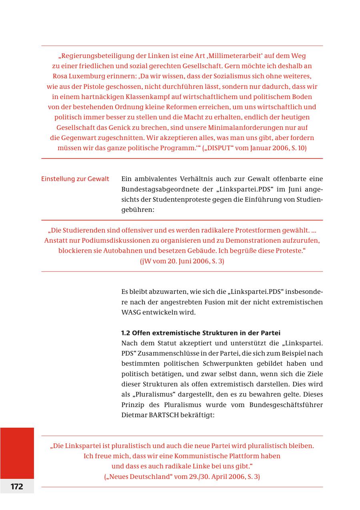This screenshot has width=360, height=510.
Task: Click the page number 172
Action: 17,486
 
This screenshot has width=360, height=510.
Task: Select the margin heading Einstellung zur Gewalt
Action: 75,179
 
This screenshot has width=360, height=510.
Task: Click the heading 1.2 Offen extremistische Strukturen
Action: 200,333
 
